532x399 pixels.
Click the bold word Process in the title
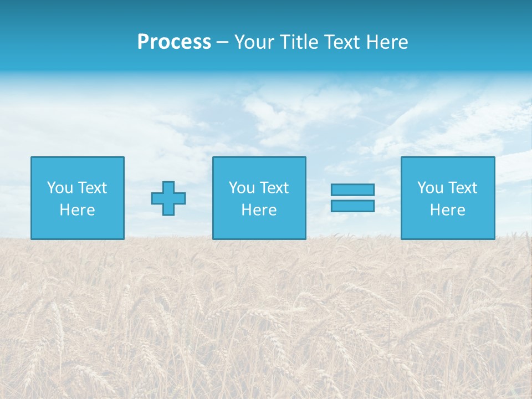(174, 42)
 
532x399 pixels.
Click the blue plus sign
(168, 198)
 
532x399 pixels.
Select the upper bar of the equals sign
(352, 190)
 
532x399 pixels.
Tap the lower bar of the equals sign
(352, 206)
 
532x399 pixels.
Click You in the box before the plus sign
(60, 188)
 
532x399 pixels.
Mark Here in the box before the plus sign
(77, 210)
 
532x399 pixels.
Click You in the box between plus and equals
(242, 188)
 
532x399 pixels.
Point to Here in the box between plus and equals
(259, 210)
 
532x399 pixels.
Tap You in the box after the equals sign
(430, 188)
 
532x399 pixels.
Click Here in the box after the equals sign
(447, 210)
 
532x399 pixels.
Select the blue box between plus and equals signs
(259, 227)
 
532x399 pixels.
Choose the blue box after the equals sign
(447, 227)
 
